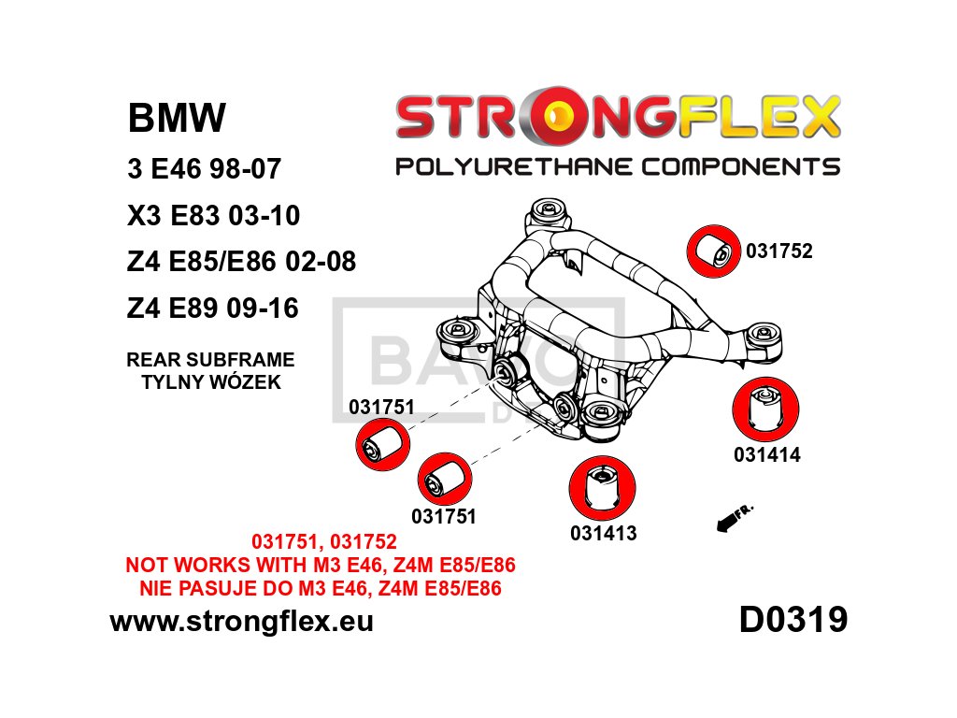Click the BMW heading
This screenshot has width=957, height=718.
click(176, 119)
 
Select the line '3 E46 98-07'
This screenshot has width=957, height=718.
click(203, 169)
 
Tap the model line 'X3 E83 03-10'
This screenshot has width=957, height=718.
click(213, 216)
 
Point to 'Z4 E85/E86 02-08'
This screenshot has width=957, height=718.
click(241, 262)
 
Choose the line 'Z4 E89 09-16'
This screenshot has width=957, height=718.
click(212, 308)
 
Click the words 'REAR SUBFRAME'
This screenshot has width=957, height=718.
click(211, 359)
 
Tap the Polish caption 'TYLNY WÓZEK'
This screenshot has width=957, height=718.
click(211, 381)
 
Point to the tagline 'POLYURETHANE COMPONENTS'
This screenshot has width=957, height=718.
click(618, 167)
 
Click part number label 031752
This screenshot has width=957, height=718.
click(778, 251)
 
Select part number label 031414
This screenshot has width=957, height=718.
click(766, 456)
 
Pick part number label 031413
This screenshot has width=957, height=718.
click(603, 534)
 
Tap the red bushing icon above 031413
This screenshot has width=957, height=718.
click(602, 489)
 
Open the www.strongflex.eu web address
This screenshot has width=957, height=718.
click(241, 621)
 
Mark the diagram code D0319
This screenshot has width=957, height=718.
click(793, 620)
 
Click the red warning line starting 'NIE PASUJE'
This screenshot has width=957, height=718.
click(313, 588)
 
